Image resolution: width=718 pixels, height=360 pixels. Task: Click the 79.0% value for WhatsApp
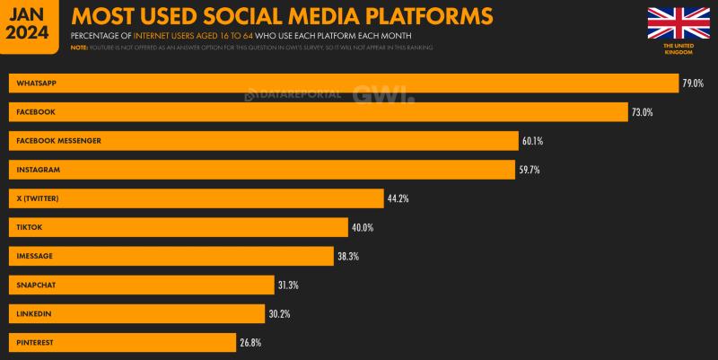point(692,83)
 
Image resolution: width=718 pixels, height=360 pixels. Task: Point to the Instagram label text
point(38,170)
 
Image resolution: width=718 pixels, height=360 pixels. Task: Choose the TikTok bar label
point(30,227)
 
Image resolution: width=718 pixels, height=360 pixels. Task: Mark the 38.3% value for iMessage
point(347,256)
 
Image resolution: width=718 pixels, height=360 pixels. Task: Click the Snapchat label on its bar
point(36,285)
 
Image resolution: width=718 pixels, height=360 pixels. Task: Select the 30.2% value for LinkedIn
point(278,313)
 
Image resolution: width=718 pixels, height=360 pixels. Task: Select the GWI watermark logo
point(382,93)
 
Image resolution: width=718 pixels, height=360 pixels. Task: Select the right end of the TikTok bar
point(346,227)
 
